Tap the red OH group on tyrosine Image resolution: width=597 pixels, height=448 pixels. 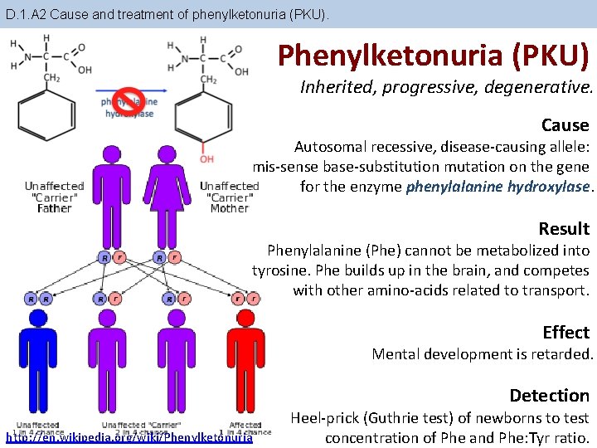tap(206, 158)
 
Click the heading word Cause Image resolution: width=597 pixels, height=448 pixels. tap(565, 125)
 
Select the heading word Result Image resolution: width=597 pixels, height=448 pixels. tap(564, 229)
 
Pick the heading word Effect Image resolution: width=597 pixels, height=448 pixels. tap(565, 333)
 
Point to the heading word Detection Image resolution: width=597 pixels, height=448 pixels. tap(549, 396)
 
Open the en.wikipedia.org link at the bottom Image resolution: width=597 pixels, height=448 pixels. tap(129, 437)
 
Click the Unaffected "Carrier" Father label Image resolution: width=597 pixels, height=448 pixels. tap(55, 197)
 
